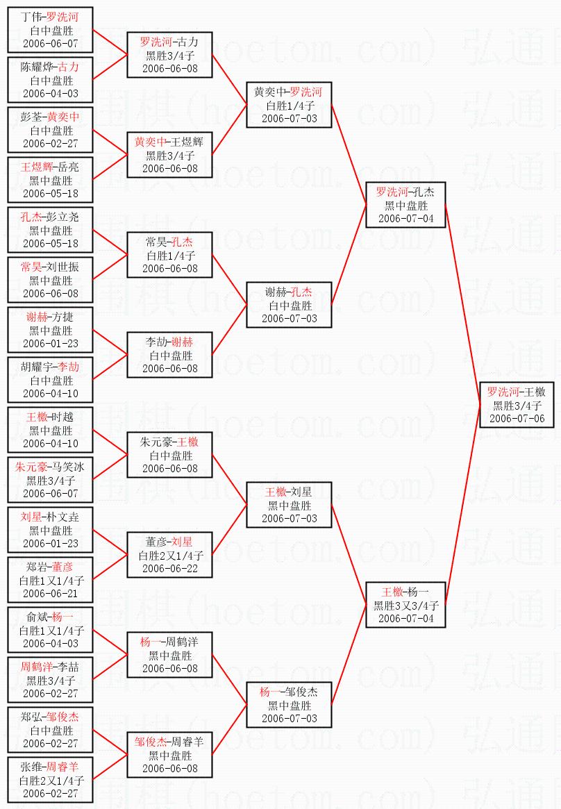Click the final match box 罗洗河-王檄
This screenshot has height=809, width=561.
pos(517,404)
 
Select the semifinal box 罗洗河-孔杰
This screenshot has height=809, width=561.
pos(405,205)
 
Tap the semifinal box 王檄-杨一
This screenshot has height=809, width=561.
pos(405,605)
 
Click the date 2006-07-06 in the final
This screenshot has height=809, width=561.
pos(517,419)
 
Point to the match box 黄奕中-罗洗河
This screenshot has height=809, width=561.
pos(289,105)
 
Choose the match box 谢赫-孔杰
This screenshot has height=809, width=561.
pos(289,305)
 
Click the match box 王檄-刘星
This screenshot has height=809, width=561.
pos(289,505)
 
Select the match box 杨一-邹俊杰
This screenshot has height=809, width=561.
pos(289,705)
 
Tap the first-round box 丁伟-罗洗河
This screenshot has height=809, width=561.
pos(50,30)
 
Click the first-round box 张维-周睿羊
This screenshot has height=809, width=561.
pos(50,780)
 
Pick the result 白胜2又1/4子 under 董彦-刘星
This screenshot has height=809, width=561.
pos(170,556)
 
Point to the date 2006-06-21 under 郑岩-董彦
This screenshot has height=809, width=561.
pos(50,593)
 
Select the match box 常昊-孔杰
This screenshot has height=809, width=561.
pos(169,255)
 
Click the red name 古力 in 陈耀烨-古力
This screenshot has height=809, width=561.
pos(69,67)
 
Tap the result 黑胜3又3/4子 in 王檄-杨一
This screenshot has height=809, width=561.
pos(405,606)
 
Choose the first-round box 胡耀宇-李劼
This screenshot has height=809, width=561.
pos(50,380)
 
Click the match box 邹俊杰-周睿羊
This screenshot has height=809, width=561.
pos(169,755)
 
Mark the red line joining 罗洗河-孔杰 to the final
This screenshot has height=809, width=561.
pos(462,305)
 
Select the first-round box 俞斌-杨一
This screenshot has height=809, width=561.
pos(50,629)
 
